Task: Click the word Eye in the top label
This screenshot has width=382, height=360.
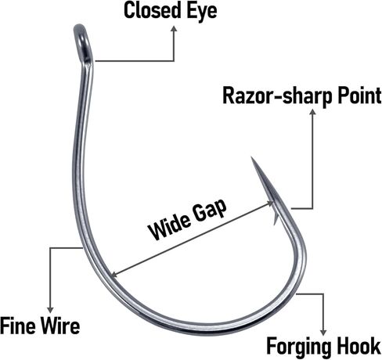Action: [x=202, y=11]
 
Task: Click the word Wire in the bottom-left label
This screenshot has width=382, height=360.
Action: [x=60, y=326]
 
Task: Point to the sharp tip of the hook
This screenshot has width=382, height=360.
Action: [x=251, y=157]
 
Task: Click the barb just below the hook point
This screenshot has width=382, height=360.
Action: [x=276, y=218]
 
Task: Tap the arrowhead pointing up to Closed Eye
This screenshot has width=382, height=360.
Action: [x=174, y=28]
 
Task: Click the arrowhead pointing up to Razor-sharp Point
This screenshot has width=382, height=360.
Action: [x=312, y=111]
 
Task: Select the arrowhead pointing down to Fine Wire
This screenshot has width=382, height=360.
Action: [x=50, y=310]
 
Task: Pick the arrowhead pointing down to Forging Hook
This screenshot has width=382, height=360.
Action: [x=323, y=333]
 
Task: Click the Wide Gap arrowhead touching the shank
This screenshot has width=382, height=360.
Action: [x=114, y=274]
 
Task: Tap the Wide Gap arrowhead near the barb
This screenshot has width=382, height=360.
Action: [x=270, y=203]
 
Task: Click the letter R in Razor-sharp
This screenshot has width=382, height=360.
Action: [x=228, y=95]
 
